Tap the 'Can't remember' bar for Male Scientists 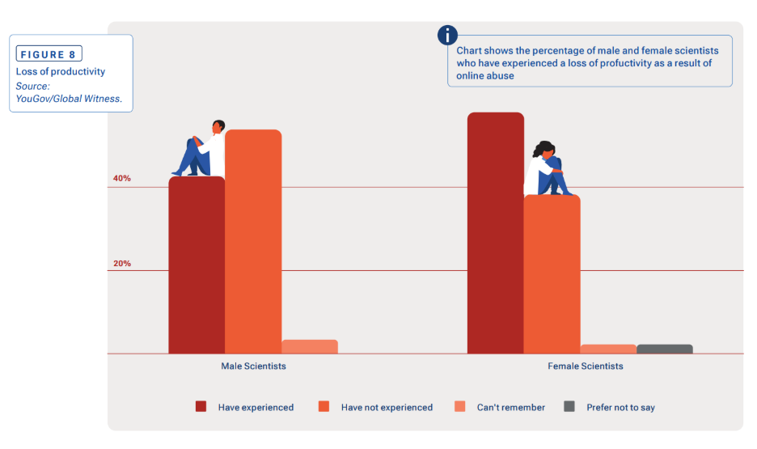(310, 346)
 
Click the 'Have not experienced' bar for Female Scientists (552, 274)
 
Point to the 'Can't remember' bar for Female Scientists (608, 349)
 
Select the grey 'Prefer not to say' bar (665, 349)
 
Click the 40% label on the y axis (122, 178)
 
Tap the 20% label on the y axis (122, 264)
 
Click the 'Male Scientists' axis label (253, 366)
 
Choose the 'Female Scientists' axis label (586, 366)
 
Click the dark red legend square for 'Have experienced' (201, 407)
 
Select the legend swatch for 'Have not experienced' (324, 407)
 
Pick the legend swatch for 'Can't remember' (460, 407)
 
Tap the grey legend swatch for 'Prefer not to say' (569, 407)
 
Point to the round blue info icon (447, 35)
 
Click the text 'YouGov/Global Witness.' (69, 98)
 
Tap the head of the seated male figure (218, 126)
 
